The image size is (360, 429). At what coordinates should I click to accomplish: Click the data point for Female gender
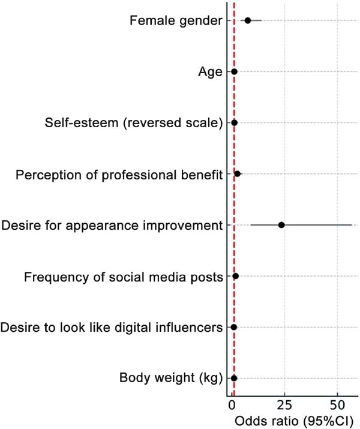pyautogui.click(x=247, y=20)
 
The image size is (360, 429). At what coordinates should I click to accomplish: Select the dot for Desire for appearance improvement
pyautogui.click(x=281, y=225)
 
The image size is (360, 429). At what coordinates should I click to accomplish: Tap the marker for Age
pyautogui.click(x=234, y=72)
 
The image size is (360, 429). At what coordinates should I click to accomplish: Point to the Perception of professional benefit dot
pyautogui.click(x=238, y=174)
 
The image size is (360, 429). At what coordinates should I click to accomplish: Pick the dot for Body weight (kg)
pyautogui.click(x=234, y=378)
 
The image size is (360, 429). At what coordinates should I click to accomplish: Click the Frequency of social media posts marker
pyautogui.click(x=235, y=276)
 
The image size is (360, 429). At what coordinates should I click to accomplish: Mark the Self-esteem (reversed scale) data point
pyautogui.click(x=234, y=123)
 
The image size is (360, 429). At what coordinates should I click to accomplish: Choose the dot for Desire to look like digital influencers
pyautogui.click(x=233, y=327)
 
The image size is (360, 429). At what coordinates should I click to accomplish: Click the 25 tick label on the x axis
pyautogui.click(x=284, y=401)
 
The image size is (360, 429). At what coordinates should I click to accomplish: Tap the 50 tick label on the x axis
pyautogui.click(x=337, y=401)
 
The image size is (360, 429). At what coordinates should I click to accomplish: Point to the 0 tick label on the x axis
pyautogui.click(x=232, y=401)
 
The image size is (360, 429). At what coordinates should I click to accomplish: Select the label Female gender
pyautogui.click(x=175, y=22)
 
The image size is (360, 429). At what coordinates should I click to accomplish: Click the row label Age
pyautogui.click(x=210, y=73)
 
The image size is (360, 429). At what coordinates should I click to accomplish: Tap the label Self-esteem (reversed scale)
pyautogui.click(x=133, y=124)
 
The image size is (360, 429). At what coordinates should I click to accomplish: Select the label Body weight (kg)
pyautogui.click(x=171, y=379)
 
